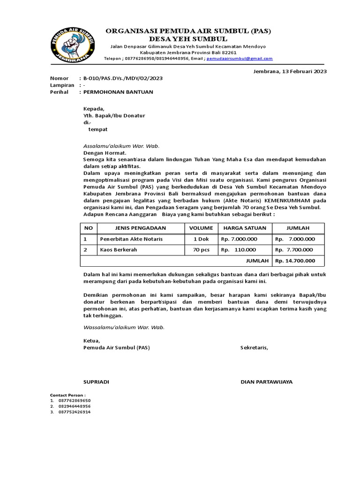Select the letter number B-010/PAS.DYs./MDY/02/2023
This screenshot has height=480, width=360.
123,78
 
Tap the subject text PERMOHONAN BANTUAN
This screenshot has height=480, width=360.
118,92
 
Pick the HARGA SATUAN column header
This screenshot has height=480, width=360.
245,228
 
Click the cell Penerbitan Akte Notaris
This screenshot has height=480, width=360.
131,239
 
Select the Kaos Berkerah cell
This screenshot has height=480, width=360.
119,250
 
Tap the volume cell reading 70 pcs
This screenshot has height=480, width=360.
201,250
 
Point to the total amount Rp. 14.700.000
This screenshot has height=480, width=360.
295,261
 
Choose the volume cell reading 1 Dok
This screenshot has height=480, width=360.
201,239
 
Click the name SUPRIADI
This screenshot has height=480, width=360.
96,382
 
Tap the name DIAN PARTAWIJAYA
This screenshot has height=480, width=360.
266,382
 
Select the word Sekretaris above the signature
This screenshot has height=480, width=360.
254,348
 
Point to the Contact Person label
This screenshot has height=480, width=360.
68,395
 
